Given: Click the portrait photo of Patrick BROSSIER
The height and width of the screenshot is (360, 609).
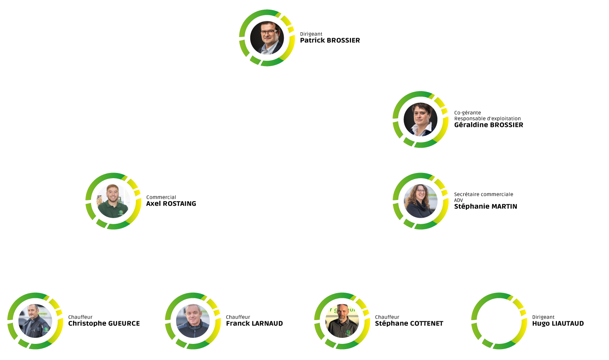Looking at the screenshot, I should (x=267, y=38).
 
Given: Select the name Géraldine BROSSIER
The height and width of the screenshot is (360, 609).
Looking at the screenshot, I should (x=488, y=125).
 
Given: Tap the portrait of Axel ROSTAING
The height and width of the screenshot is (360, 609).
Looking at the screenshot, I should (x=113, y=201).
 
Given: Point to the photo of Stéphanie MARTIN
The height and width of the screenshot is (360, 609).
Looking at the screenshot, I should (x=420, y=201).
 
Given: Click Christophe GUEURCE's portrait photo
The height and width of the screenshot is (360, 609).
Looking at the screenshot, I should (x=35, y=321).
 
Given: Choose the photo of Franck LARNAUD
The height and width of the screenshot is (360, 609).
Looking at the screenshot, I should (x=193, y=321).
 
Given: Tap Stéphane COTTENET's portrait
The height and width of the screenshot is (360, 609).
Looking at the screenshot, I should (x=342, y=321).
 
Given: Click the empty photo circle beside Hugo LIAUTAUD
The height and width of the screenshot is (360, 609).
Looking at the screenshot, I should (x=499, y=321).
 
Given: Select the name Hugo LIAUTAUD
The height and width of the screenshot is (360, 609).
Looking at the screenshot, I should (x=558, y=323).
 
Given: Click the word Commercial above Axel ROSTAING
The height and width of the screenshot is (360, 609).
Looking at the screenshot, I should (x=161, y=197).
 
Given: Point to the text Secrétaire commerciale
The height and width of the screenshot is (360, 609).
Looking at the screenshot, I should (x=483, y=194).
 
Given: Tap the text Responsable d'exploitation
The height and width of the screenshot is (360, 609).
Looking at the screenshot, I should (x=487, y=119).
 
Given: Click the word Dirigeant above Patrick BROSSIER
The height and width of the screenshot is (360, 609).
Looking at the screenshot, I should (x=311, y=34).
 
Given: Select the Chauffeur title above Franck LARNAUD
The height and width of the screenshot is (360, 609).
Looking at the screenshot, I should (x=238, y=317).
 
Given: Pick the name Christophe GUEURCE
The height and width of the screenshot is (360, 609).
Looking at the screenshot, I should (x=104, y=323).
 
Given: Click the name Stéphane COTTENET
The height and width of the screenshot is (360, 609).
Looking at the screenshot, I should (x=409, y=323).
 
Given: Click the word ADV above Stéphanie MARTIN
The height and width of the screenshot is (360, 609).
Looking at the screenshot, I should (x=458, y=200).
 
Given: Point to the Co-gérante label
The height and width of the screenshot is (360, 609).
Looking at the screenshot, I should (x=467, y=113).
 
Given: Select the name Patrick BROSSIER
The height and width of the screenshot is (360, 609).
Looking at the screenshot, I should (x=330, y=40).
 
